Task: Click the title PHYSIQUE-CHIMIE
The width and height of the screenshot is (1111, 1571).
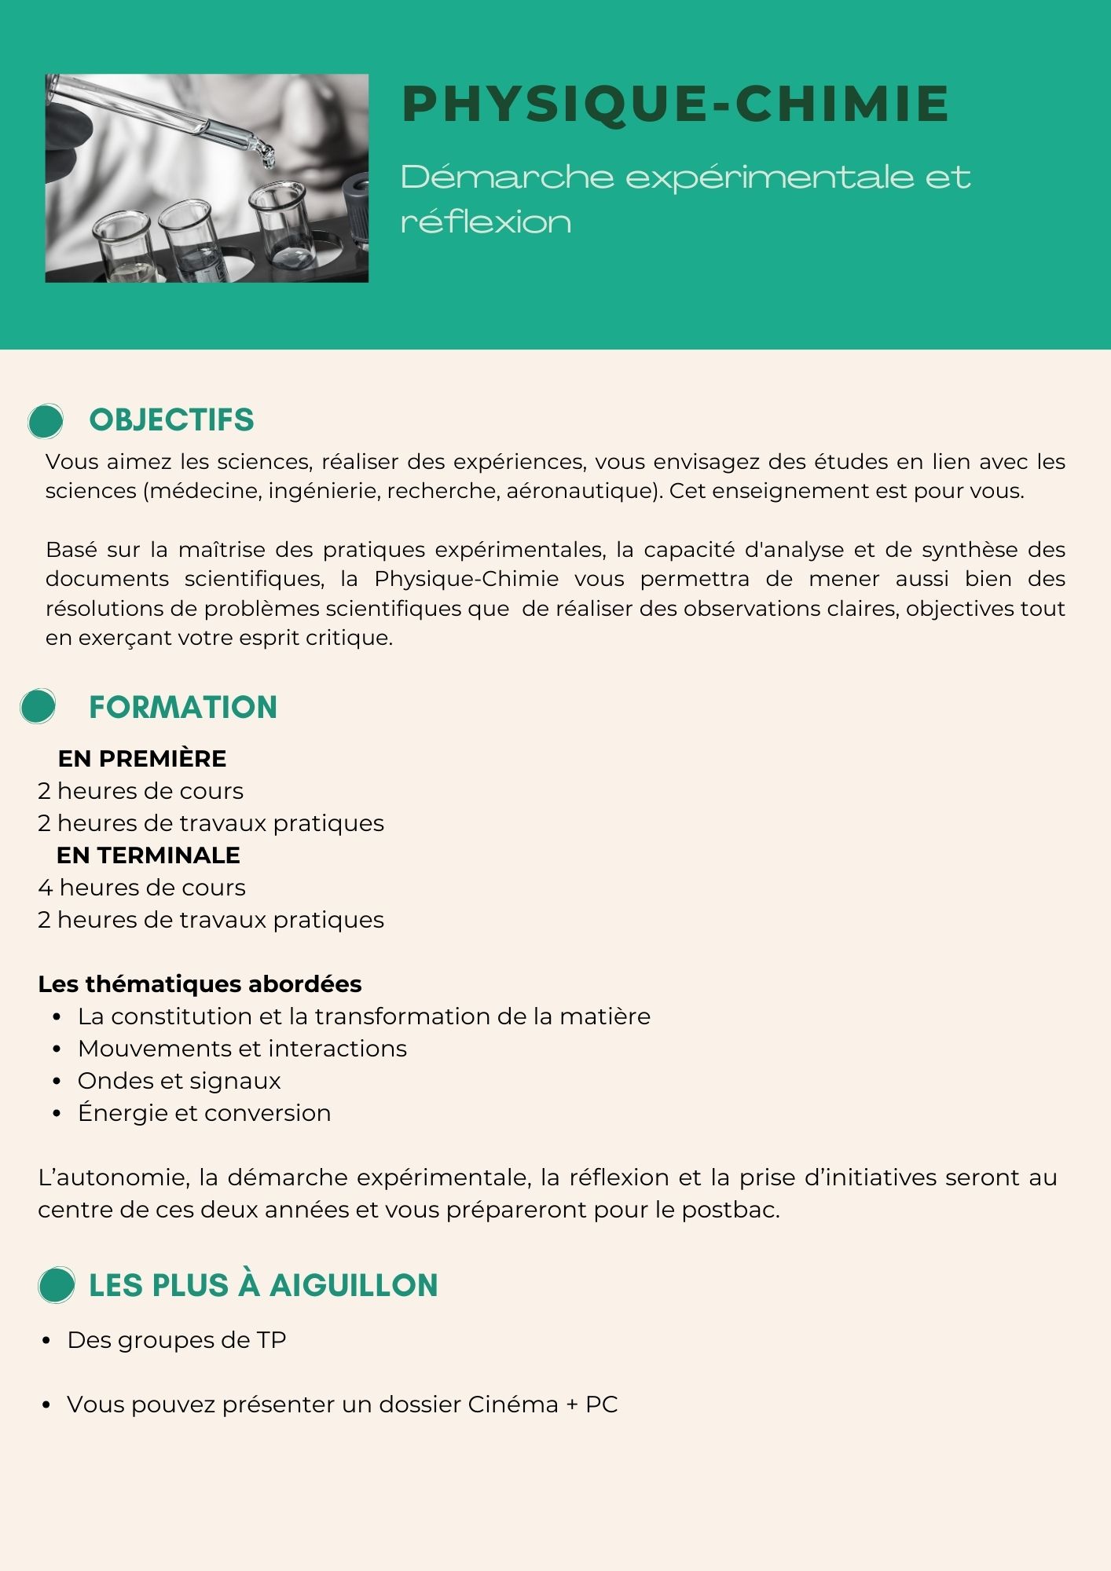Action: click(675, 104)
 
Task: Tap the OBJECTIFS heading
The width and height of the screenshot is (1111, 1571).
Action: click(171, 420)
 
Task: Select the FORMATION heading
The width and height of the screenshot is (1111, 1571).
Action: click(182, 707)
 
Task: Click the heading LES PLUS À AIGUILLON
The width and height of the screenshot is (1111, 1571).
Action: click(263, 1285)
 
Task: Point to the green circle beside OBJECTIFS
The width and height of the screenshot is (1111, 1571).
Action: click(46, 421)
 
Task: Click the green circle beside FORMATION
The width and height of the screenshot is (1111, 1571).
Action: click(38, 705)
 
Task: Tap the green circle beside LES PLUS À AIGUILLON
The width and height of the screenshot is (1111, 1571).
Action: click(57, 1285)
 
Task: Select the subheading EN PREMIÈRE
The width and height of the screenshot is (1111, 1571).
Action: click(142, 758)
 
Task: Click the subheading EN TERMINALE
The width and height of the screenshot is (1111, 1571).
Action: click(148, 855)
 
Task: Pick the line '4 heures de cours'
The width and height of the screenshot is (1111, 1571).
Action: click(142, 888)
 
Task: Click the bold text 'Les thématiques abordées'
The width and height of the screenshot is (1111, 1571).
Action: click(200, 983)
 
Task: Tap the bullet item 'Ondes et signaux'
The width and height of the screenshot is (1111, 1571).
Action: click(179, 1081)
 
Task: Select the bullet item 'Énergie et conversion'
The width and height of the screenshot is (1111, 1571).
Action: click(204, 1113)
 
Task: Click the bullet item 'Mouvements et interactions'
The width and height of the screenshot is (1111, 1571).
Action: click(242, 1049)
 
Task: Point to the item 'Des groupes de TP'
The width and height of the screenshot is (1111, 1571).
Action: click(177, 1340)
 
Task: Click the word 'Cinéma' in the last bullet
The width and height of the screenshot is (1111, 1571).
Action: click(512, 1404)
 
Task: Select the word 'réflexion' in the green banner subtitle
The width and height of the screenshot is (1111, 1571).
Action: click(486, 222)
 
